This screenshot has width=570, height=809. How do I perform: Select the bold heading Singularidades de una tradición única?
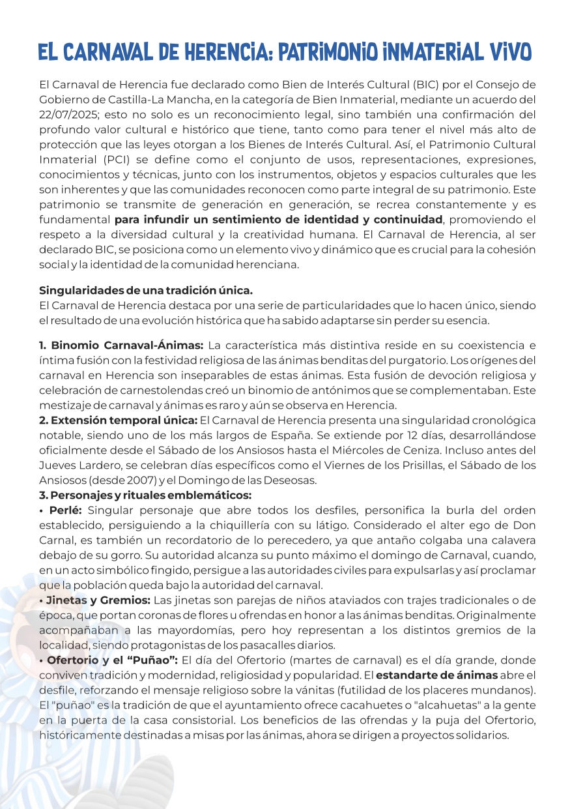point(146,289)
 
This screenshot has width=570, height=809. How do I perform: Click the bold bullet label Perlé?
point(64,510)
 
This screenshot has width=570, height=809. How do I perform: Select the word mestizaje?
point(65,405)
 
